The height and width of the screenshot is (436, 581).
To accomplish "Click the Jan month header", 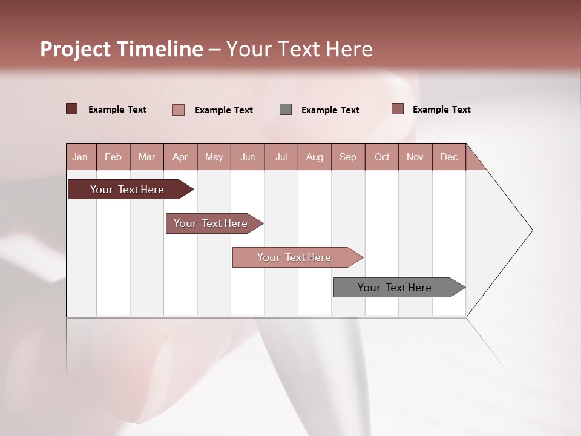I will [x=80, y=157].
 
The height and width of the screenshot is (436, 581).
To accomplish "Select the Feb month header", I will [x=113, y=157].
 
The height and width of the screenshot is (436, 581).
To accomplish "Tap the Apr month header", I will [x=180, y=157].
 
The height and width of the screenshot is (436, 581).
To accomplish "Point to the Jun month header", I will [x=248, y=157].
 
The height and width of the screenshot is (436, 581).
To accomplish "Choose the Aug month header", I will [x=314, y=157].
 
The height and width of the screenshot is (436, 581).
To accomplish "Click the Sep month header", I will [x=347, y=157].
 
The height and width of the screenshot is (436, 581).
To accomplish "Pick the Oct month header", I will [x=382, y=157].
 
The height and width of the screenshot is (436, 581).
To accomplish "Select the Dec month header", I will [x=448, y=157].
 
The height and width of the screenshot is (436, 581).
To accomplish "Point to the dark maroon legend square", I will [x=72, y=109].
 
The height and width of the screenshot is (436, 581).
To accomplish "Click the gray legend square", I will [x=286, y=109].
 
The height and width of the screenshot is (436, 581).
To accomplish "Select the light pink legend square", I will [x=179, y=110].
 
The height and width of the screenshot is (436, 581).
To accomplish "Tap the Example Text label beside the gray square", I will [x=330, y=110].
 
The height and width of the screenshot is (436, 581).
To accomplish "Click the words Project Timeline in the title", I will [x=122, y=49].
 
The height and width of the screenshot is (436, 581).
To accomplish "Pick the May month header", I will [x=214, y=157].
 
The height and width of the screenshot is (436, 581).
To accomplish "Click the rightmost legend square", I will [x=397, y=109].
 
